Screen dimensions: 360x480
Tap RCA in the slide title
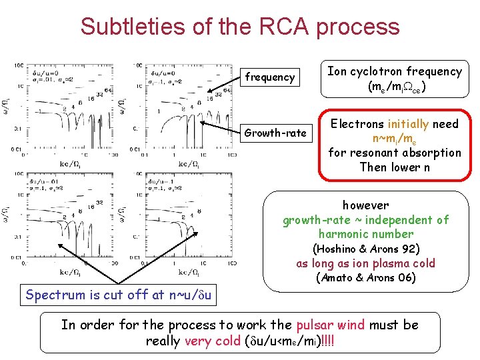(278, 27)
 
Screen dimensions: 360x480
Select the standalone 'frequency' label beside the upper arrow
(269, 77)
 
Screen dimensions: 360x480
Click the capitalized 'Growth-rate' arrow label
(275, 133)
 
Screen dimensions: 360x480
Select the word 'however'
(365, 205)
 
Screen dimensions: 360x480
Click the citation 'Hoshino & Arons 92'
(366, 249)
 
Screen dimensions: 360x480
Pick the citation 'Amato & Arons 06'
(366, 277)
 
